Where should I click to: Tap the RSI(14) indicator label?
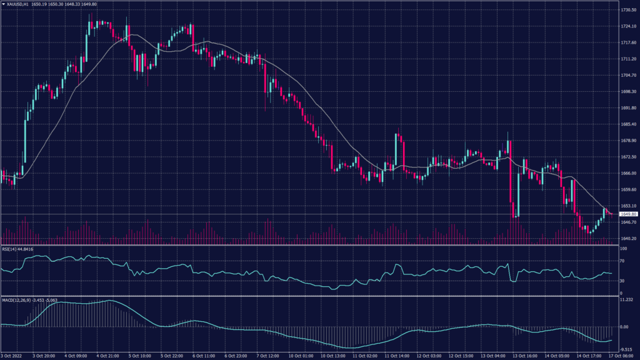11,248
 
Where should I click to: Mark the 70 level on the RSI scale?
621,261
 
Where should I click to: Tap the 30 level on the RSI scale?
621,281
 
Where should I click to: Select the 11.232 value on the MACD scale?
625,300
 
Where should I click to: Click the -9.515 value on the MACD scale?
625,349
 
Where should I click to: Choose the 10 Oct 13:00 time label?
333,356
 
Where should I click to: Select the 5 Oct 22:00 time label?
172,356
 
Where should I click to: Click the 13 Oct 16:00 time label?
525,356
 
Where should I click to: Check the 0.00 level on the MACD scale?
623,326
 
